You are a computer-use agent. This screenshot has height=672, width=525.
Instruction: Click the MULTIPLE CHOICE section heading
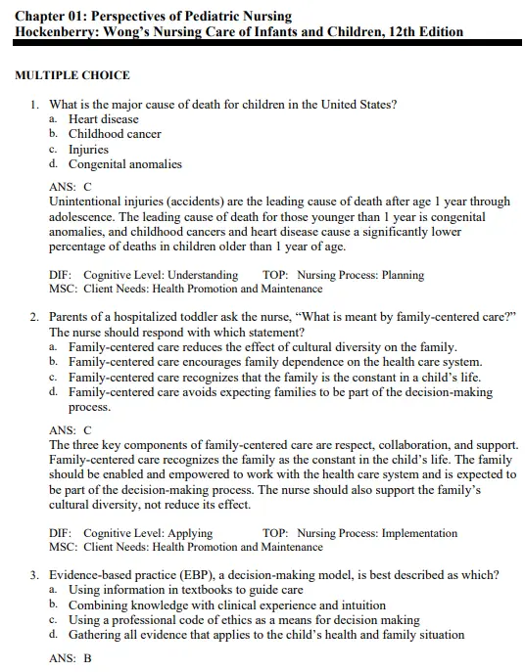click(72, 75)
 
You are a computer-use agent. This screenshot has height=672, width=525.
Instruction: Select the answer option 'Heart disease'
click(103, 119)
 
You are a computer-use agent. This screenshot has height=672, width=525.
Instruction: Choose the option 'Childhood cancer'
click(115, 134)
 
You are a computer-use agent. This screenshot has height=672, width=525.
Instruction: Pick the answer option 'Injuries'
click(88, 150)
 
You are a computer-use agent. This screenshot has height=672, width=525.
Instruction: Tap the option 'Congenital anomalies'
click(124, 164)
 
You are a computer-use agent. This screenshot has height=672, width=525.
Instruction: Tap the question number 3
click(34, 574)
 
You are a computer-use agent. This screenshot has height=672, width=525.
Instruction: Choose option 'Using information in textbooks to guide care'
click(185, 590)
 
